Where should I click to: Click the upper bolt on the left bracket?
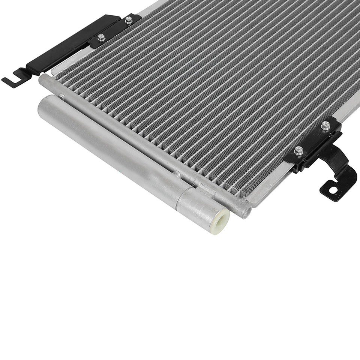click(129, 20)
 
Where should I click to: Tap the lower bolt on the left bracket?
click(101, 37)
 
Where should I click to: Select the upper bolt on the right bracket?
click(325, 126)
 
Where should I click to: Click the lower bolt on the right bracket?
click(298, 150)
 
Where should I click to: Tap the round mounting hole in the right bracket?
click(332, 189)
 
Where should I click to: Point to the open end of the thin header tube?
click(245, 211)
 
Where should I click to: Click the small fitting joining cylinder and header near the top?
click(61, 97)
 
